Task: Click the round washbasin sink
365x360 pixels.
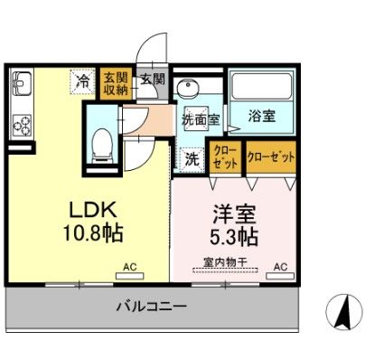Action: click(x=189, y=89)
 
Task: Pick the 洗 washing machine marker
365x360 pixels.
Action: click(x=192, y=158)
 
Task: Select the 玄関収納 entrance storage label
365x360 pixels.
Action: click(x=114, y=81)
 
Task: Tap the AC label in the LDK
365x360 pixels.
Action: click(x=130, y=267)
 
